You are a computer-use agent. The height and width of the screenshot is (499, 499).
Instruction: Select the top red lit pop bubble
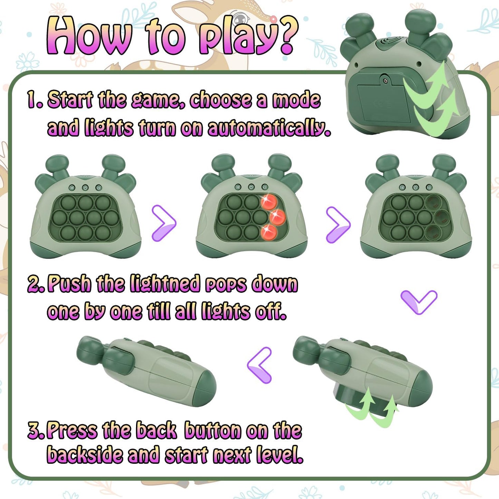269,202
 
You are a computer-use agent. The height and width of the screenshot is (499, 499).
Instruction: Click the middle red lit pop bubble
277,217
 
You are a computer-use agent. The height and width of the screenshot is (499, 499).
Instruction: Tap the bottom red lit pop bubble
269,231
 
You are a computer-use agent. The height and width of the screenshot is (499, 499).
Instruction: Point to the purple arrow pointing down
419,301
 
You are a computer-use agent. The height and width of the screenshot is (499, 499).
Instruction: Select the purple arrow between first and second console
164,223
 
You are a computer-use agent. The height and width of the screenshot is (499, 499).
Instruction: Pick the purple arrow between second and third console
338,224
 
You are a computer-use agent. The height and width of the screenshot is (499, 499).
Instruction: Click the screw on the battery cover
385,81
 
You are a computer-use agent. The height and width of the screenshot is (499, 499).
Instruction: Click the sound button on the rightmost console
429,187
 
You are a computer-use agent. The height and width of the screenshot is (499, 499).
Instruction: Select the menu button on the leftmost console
72,188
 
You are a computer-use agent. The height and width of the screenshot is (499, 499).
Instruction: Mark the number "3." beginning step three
36,431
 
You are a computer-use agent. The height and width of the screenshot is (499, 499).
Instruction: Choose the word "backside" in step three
85,455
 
